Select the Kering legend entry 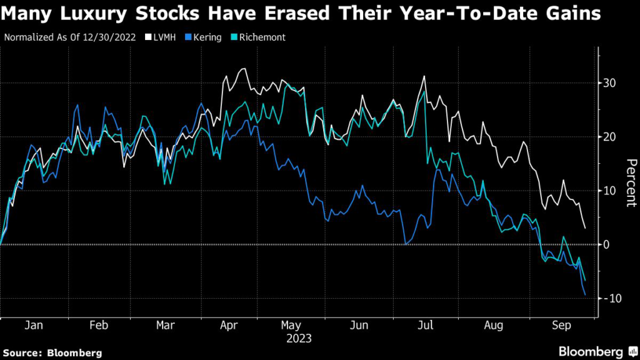(207, 37)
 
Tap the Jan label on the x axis (34, 326)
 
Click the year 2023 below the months (299, 339)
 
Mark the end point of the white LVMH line (585, 228)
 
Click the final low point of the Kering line (585, 295)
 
